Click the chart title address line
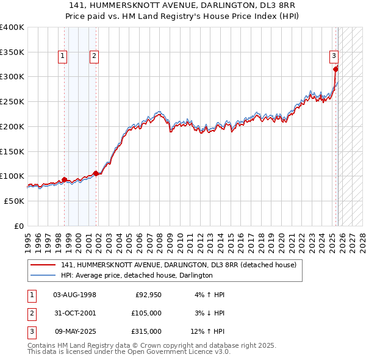(183, 5)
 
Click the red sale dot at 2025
(335, 69)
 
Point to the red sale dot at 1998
(64, 179)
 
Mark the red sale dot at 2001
(96, 173)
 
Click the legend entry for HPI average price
(137, 275)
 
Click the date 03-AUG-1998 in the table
(74, 295)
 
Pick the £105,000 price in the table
(148, 313)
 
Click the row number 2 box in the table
(31, 313)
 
